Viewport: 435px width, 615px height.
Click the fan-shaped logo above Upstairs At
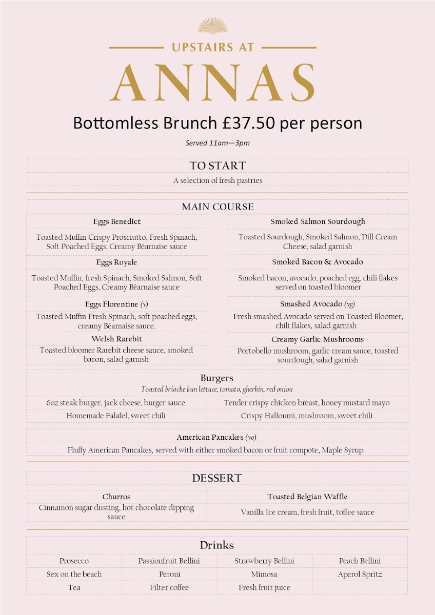(x=212, y=26)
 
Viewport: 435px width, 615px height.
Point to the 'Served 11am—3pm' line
(x=217, y=143)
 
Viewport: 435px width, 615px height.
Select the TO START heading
(x=217, y=166)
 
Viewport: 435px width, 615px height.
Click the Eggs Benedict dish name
(x=117, y=221)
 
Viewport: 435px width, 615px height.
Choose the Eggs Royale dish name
(x=117, y=262)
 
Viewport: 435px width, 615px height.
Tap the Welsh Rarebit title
(x=117, y=339)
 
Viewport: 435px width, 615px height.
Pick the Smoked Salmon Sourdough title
(x=318, y=221)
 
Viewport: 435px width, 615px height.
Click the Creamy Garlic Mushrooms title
(x=318, y=339)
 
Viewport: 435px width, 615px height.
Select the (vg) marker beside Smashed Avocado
(x=350, y=304)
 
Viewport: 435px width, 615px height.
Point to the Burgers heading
(x=217, y=378)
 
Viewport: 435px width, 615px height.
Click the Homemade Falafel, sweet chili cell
(x=116, y=416)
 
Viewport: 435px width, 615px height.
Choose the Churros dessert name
(x=116, y=497)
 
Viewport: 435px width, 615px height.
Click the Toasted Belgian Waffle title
(x=307, y=497)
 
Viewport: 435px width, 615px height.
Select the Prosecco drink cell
(x=74, y=561)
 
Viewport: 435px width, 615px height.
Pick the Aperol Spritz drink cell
(x=360, y=574)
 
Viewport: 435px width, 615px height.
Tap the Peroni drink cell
(x=169, y=574)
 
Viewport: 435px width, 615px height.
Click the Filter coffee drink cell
(x=169, y=587)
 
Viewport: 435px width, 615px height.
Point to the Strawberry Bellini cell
(x=265, y=561)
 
